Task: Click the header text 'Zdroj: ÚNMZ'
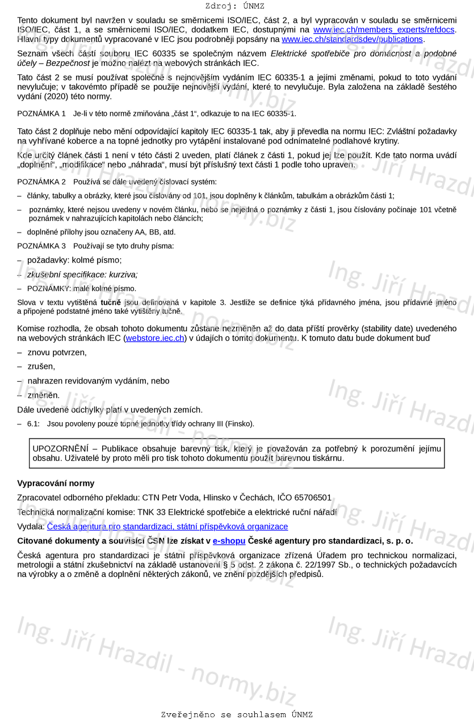click(234, 6)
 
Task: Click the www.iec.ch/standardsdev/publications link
click(352, 40)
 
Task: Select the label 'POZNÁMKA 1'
click(41, 113)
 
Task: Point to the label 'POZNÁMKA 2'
click(41, 182)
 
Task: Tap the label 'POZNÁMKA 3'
click(41, 246)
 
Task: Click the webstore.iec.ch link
click(155, 338)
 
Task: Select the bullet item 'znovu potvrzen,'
click(57, 352)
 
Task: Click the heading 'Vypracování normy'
click(56, 483)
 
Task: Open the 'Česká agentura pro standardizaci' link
click(167, 527)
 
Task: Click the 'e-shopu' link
click(229, 541)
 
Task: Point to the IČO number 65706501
click(313, 498)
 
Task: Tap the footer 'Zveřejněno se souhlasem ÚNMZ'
click(237, 714)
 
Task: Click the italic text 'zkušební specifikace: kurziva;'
click(82, 275)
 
